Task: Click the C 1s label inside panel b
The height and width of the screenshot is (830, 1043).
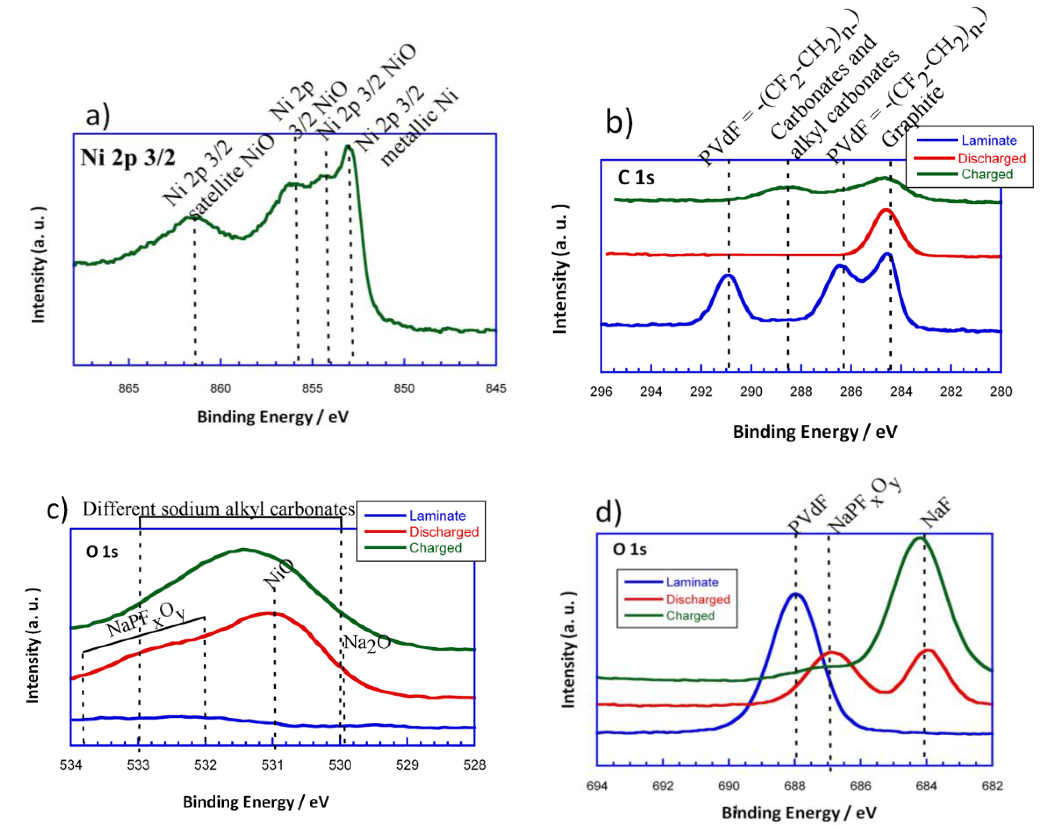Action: coord(636,178)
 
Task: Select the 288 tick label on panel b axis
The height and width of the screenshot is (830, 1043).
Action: coord(801,392)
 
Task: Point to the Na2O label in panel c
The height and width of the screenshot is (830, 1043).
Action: coord(367,644)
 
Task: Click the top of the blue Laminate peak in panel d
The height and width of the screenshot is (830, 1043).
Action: coord(795,594)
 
